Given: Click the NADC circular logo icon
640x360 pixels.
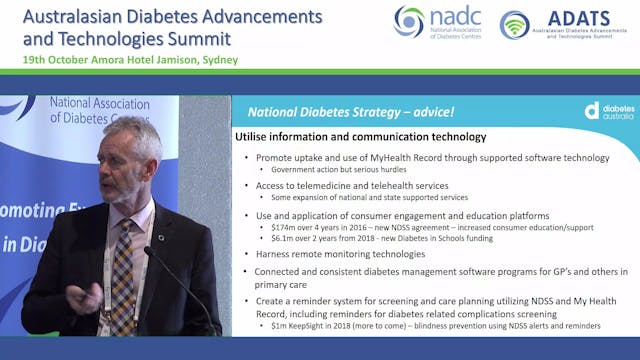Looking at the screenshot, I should tap(409, 22).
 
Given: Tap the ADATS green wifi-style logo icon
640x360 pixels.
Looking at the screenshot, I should tap(514, 24).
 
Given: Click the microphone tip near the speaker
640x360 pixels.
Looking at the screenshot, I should tap(148, 252).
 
